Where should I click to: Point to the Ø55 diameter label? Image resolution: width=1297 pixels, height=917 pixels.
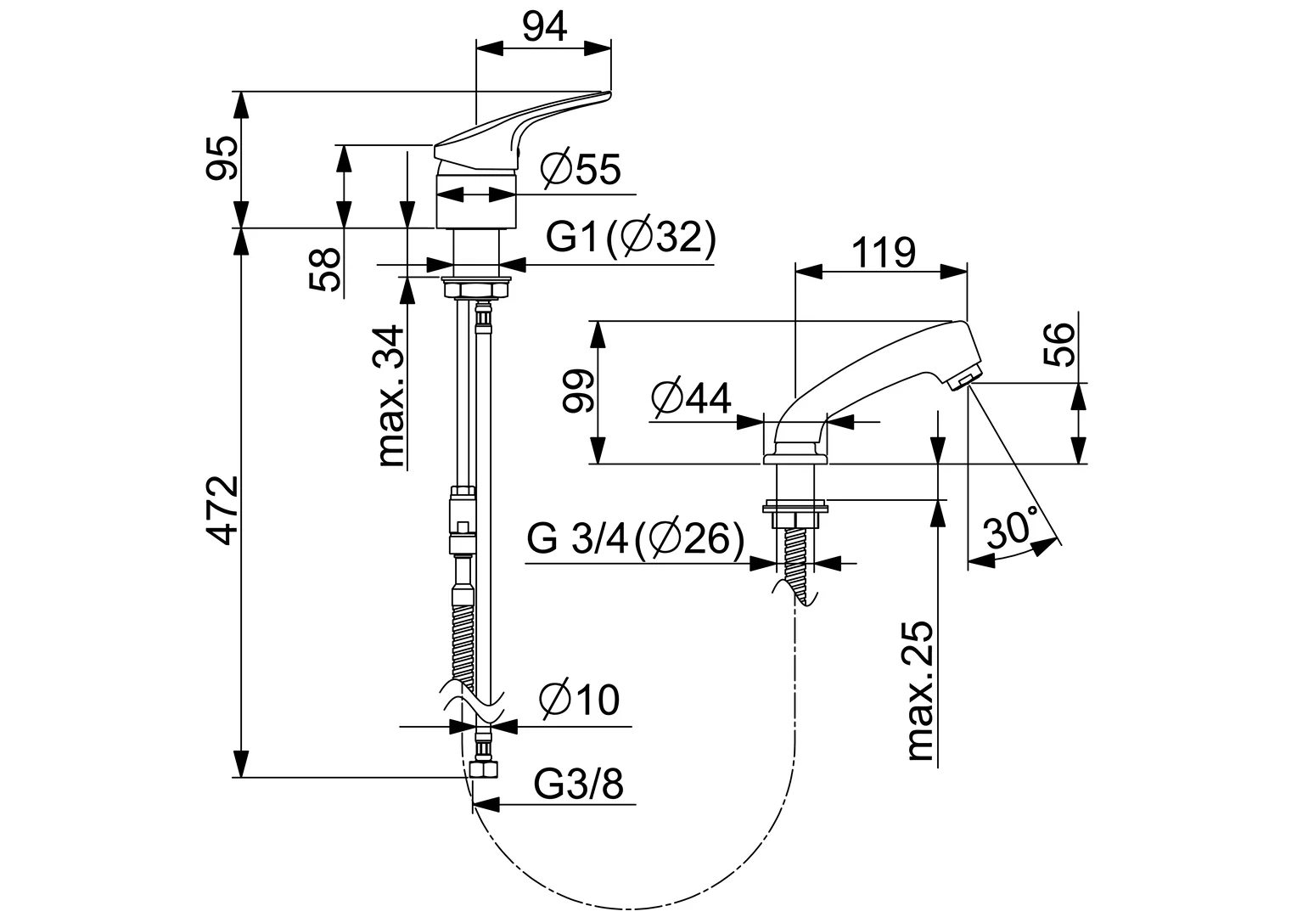[581, 170]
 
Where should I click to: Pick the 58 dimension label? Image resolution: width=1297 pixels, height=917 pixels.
[327, 270]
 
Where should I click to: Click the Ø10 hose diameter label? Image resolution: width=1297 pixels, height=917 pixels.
[580, 700]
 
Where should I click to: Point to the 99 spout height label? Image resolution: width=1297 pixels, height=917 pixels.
[578, 391]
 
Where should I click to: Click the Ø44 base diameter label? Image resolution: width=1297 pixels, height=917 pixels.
[691, 397]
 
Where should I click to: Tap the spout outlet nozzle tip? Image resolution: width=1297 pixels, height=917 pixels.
[963, 380]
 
